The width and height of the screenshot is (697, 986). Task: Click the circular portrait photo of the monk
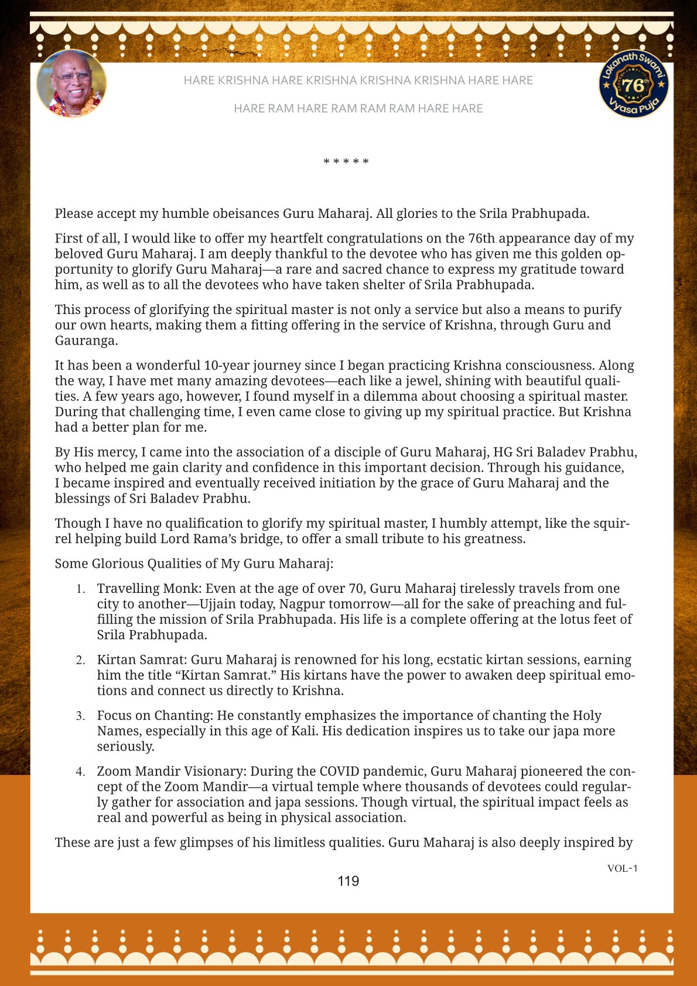pos(71,83)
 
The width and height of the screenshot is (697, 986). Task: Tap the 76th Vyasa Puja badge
pos(633,84)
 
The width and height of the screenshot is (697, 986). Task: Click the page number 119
pos(348,881)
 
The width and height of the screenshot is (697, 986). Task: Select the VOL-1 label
pos(622,868)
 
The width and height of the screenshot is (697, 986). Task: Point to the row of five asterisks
pos(346,162)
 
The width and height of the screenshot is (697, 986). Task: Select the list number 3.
pos(81,716)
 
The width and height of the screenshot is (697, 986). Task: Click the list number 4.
pos(81,772)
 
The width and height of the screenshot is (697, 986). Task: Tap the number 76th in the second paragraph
pos(483,238)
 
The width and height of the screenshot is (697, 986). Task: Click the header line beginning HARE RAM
pos(358,108)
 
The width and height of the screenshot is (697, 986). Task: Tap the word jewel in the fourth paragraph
pos(423,381)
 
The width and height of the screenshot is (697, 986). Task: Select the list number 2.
pos(81,660)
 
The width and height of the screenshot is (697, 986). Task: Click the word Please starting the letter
pos(74,214)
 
